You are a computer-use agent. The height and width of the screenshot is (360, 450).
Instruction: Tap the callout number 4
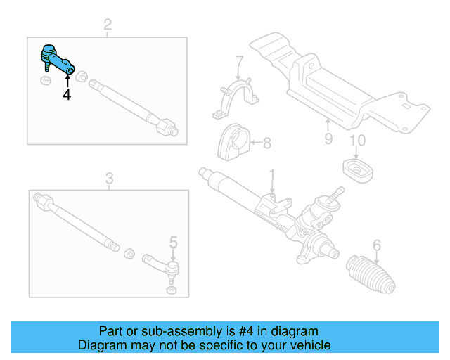point(66,94)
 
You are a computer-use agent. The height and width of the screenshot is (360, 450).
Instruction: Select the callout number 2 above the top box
point(108,27)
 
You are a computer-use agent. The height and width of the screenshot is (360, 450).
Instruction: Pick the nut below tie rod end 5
point(169,290)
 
